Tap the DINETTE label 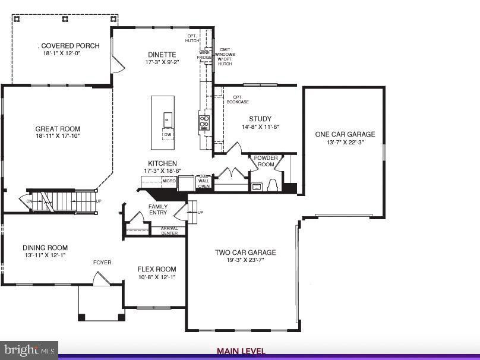coord(162,55)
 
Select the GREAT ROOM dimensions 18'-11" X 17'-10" coord(58,136)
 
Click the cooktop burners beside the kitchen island coord(204,122)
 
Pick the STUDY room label coord(260,119)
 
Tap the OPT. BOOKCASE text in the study coord(237,99)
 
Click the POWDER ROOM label coord(265,161)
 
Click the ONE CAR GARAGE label coord(345,134)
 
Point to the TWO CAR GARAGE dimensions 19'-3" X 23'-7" coord(245,260)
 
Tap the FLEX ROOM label coord(157,269)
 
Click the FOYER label coord(102,262)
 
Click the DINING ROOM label coord(45,248)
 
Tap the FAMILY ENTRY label coord(157,209)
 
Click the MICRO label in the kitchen coord(169,180)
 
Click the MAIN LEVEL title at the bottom coord(241,351)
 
